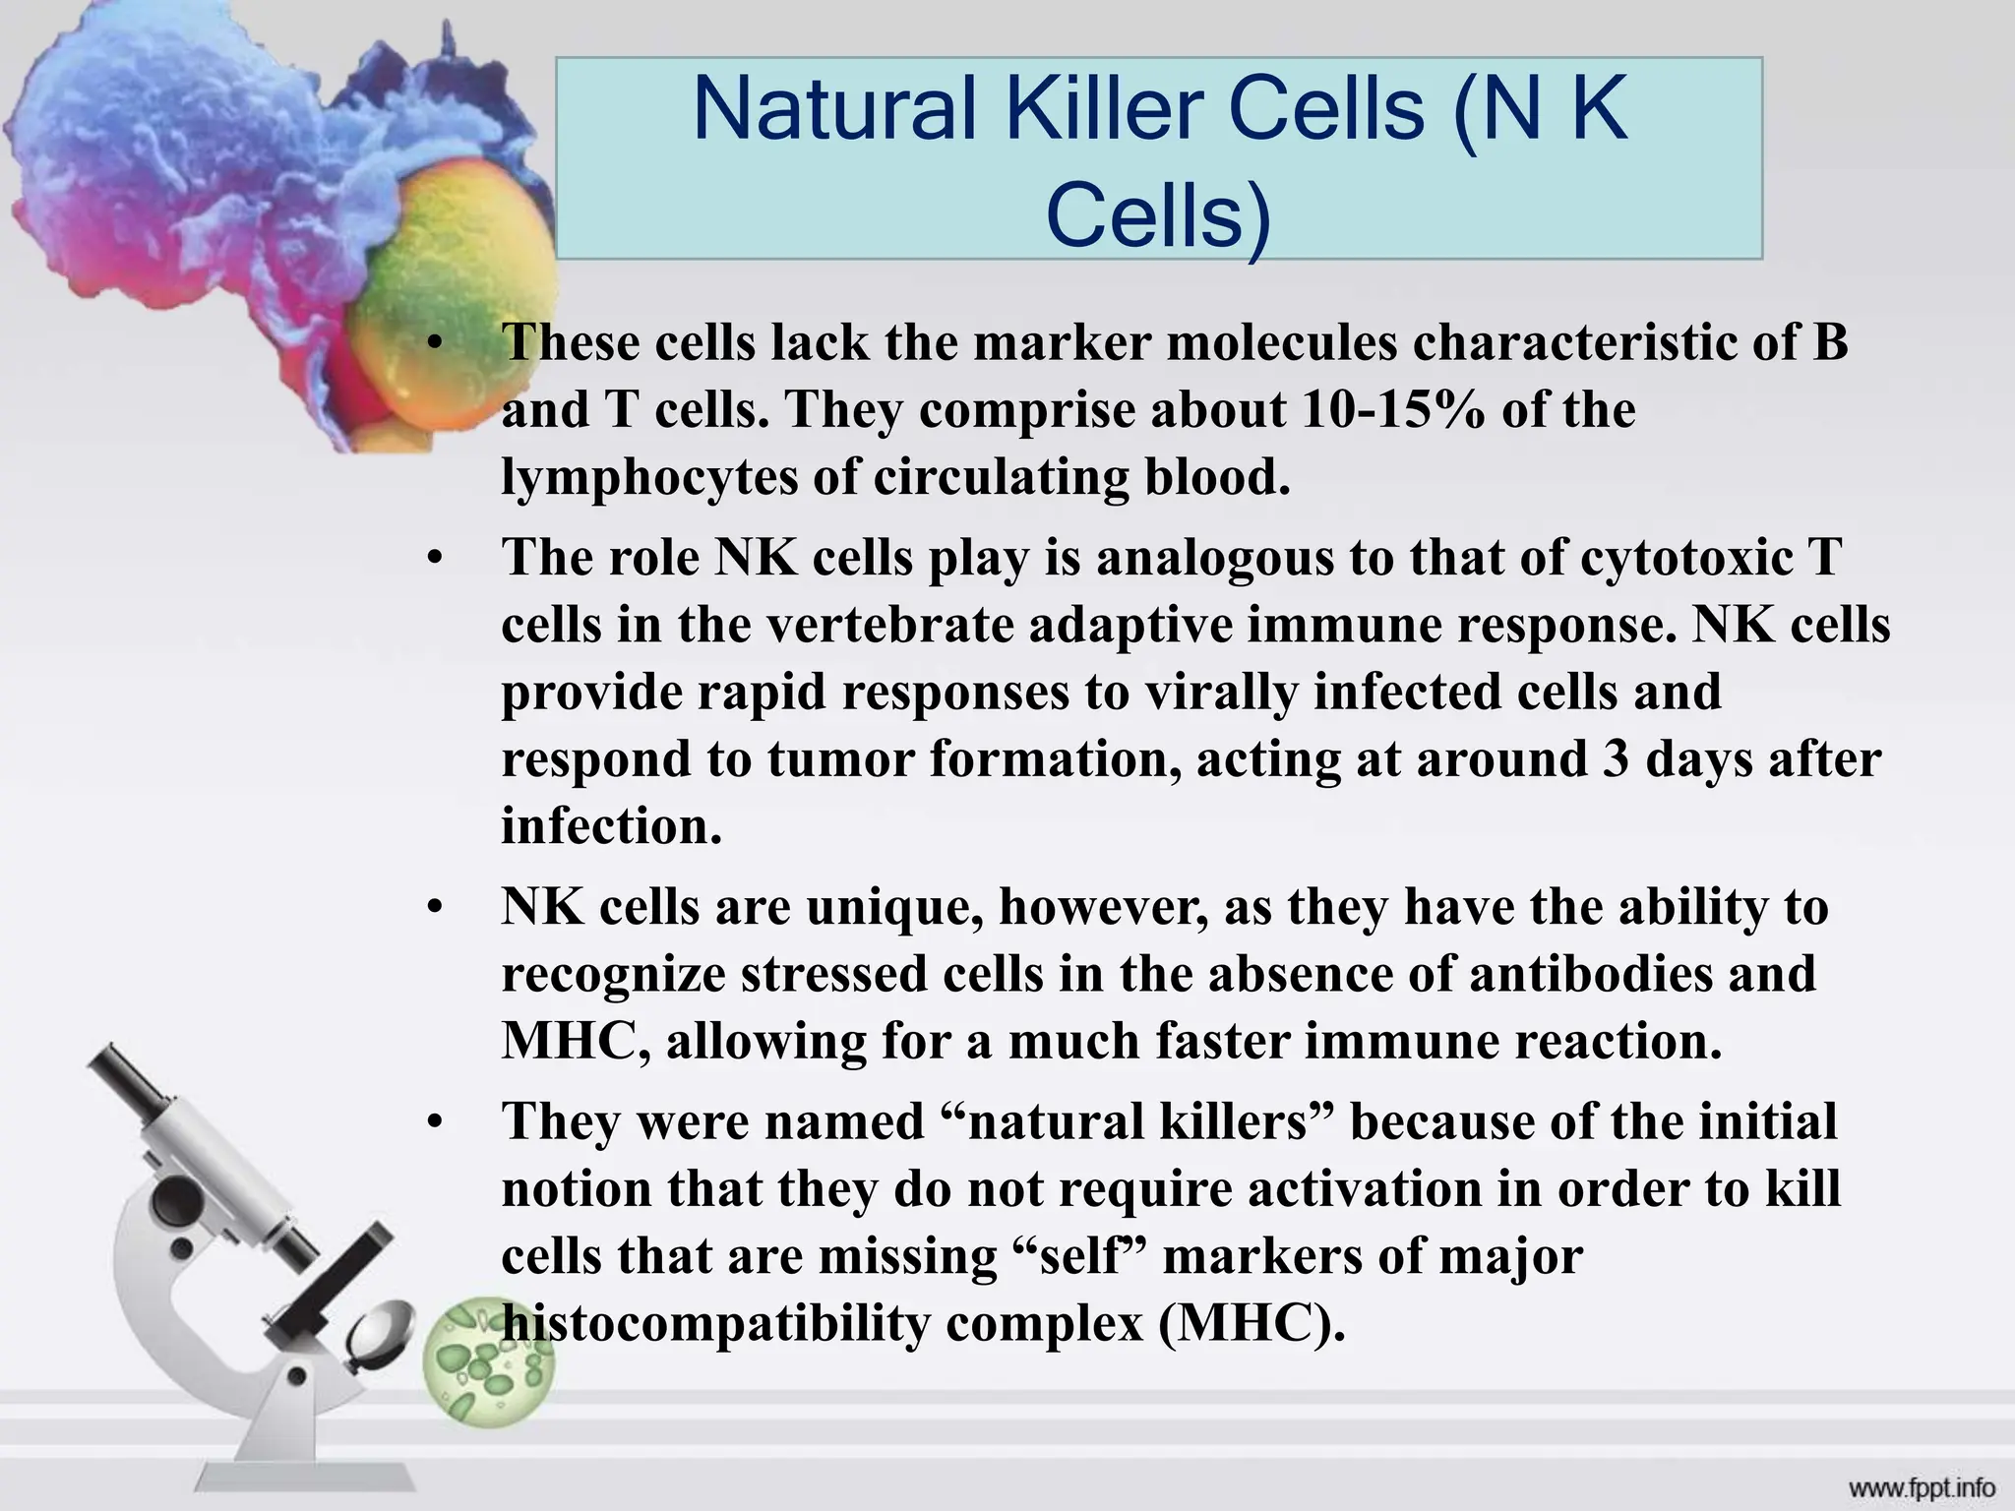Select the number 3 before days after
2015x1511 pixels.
[x=1615, y=759]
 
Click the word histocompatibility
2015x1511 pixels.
[x=714, y=1324]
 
